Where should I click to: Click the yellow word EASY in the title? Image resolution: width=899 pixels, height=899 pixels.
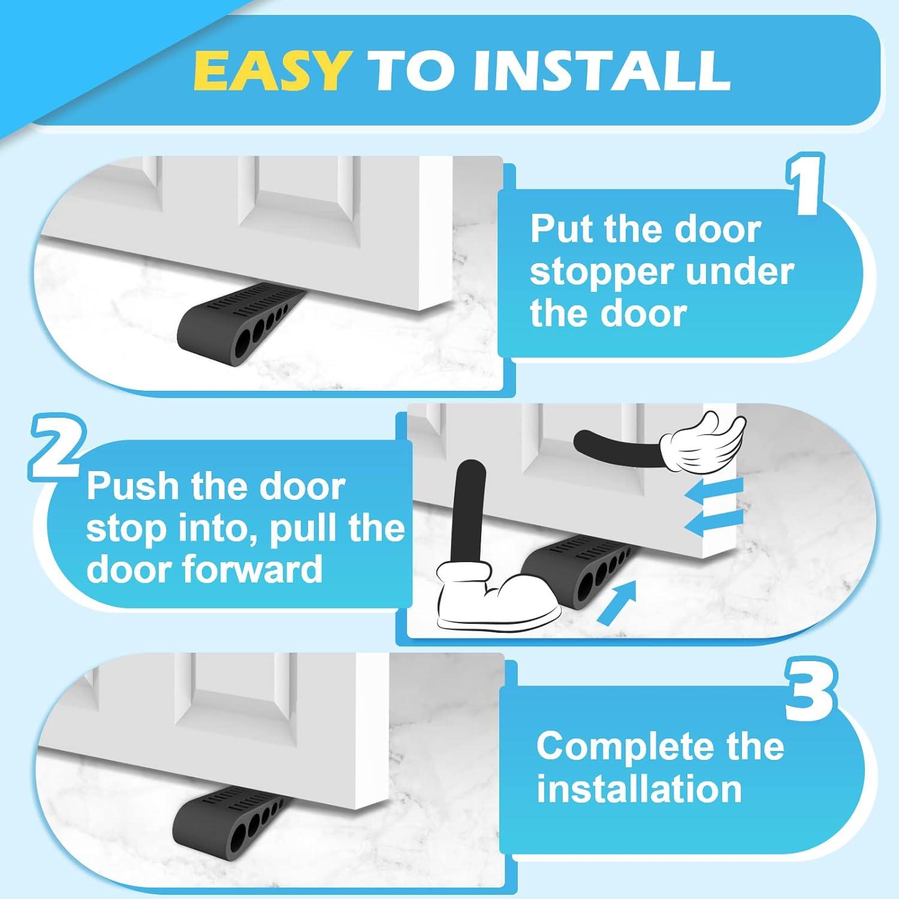tap(271, 70)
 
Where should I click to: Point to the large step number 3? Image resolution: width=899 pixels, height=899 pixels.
tap(809, 691)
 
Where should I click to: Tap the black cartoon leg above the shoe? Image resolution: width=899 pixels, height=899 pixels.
tap(469, 509)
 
